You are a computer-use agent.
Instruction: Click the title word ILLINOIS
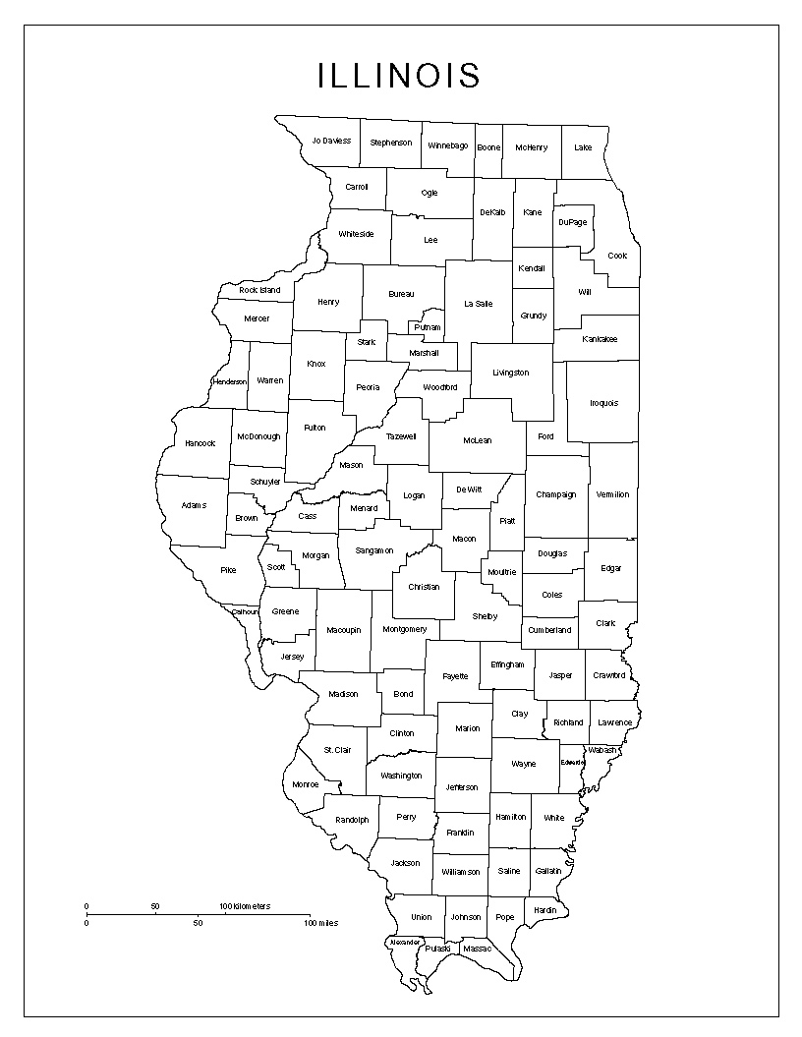[399, 76]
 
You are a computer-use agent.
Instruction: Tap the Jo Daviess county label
[331, 141]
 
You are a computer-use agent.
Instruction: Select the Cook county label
[617, 256]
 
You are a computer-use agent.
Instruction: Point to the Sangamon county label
[374, 550]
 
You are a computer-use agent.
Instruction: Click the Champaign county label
[556, 494]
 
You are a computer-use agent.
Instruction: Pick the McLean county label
[477, 440]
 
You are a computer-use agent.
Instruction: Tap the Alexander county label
[405, 942]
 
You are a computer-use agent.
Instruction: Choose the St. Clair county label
[338, 750]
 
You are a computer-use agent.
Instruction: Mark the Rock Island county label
[259, 290]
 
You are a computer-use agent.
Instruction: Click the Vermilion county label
[612, 494]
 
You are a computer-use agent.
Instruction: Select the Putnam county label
[428, 327]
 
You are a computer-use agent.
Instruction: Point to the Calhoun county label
[246, 611]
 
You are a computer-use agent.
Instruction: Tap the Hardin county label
[544, 910]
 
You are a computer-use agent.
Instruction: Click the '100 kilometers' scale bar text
[245, 905]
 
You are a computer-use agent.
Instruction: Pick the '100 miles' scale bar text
[321, 923]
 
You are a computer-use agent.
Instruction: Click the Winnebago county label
[448, 145]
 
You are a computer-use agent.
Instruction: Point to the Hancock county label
[200, 443]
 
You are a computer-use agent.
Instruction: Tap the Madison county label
[343, 694]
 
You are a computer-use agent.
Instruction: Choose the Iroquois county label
[603, 403]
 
